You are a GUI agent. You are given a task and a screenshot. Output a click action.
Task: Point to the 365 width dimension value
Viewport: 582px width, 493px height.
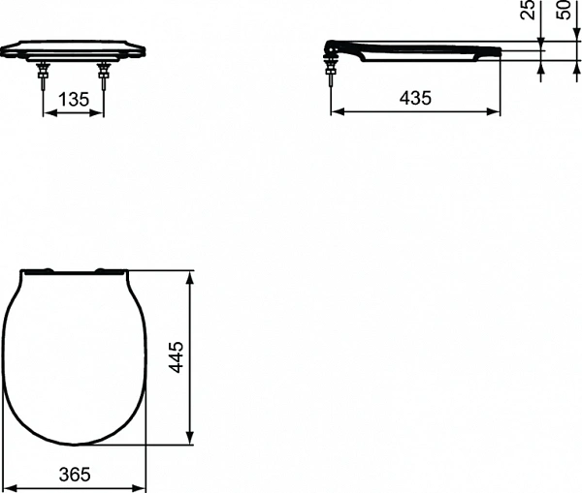(74, 475)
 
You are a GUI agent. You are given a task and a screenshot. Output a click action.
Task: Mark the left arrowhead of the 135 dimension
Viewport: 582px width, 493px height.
(47, 111)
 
